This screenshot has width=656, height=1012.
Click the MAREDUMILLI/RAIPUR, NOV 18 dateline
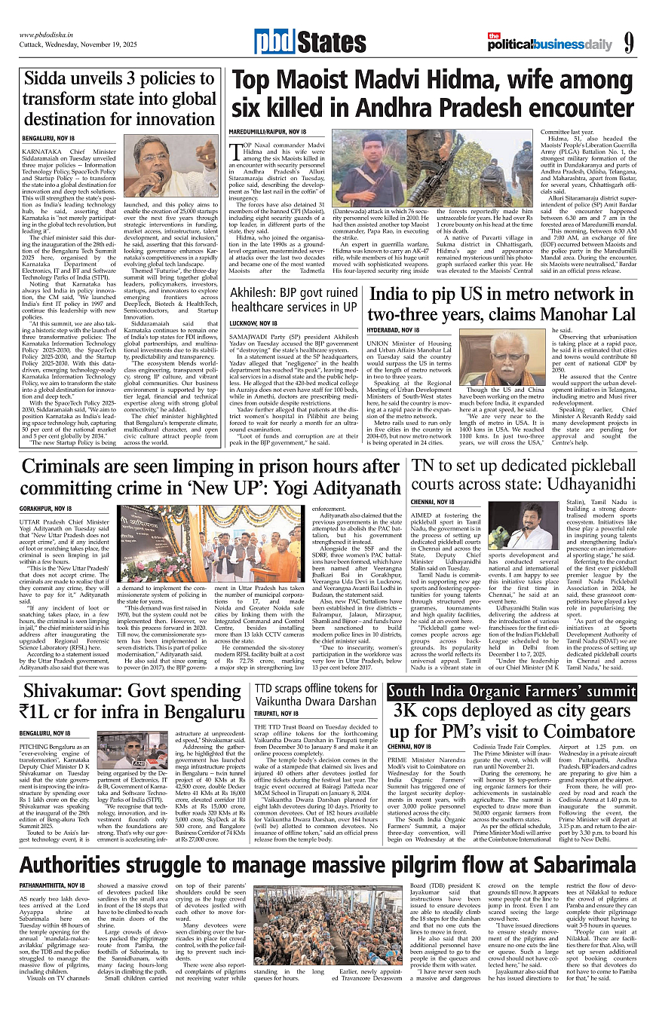click(268, 132)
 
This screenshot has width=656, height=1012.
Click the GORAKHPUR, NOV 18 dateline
click(49, 509)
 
